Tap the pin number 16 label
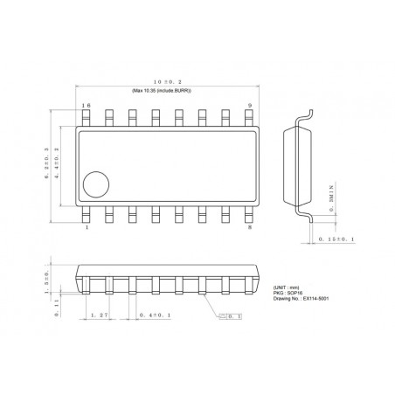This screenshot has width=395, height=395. [x=86, y=106]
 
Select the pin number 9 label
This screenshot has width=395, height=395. [x=249, y=106]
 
